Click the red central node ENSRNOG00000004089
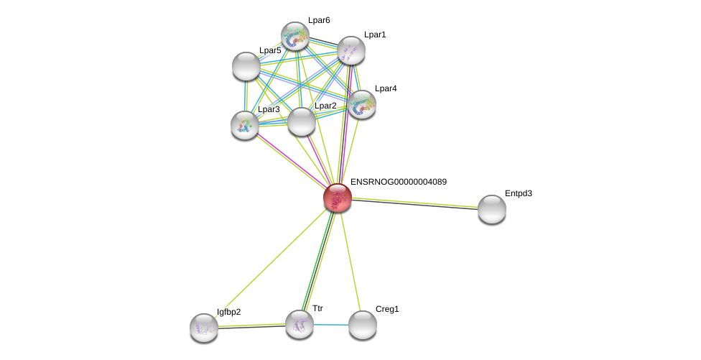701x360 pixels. [337, 198]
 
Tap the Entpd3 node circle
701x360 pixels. [492, 209]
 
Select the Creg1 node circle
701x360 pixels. [363, 325]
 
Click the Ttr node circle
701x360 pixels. [300, 324]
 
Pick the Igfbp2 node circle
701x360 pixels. [204, 328]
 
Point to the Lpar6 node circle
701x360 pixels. [295, 36]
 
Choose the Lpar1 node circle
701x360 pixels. [351, 50]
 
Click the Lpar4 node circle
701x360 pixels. [362, 104]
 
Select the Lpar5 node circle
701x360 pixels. [246, 66]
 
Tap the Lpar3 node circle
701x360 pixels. [245, 125]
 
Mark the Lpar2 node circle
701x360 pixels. [302, 121]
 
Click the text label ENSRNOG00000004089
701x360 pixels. [398, 182]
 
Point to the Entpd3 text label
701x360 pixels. [518, 193]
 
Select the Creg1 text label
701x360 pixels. [387, 309]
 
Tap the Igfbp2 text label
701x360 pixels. [229, 312]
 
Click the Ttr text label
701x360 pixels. [317, 308]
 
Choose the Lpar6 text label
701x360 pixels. [319, 20]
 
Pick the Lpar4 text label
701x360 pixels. [386, 88]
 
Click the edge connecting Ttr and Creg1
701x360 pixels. [331, 325]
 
